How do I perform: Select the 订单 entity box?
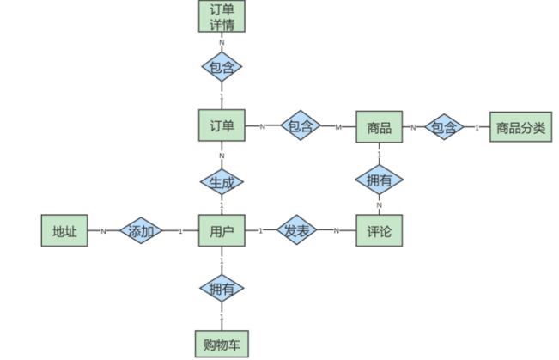[222, 127]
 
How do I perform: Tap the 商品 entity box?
[380, 128]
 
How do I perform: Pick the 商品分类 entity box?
[520, 128]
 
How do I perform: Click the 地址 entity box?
[64, 231]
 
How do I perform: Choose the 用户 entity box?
[222, 231]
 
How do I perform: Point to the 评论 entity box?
[380, 231]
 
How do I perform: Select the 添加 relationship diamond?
[141, 231]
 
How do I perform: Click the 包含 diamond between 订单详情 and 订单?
[222, 66]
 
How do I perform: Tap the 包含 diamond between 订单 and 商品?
[299, 127]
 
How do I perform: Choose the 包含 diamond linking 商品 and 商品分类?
[444, 128]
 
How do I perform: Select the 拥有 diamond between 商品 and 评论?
[380, 180]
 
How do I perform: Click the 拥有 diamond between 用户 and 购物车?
[222, 289]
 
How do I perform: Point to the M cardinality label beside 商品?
[338, 128]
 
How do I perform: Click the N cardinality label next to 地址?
[103, 231]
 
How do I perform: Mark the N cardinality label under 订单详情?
[222, 41]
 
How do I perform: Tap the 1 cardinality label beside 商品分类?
[477, 128]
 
